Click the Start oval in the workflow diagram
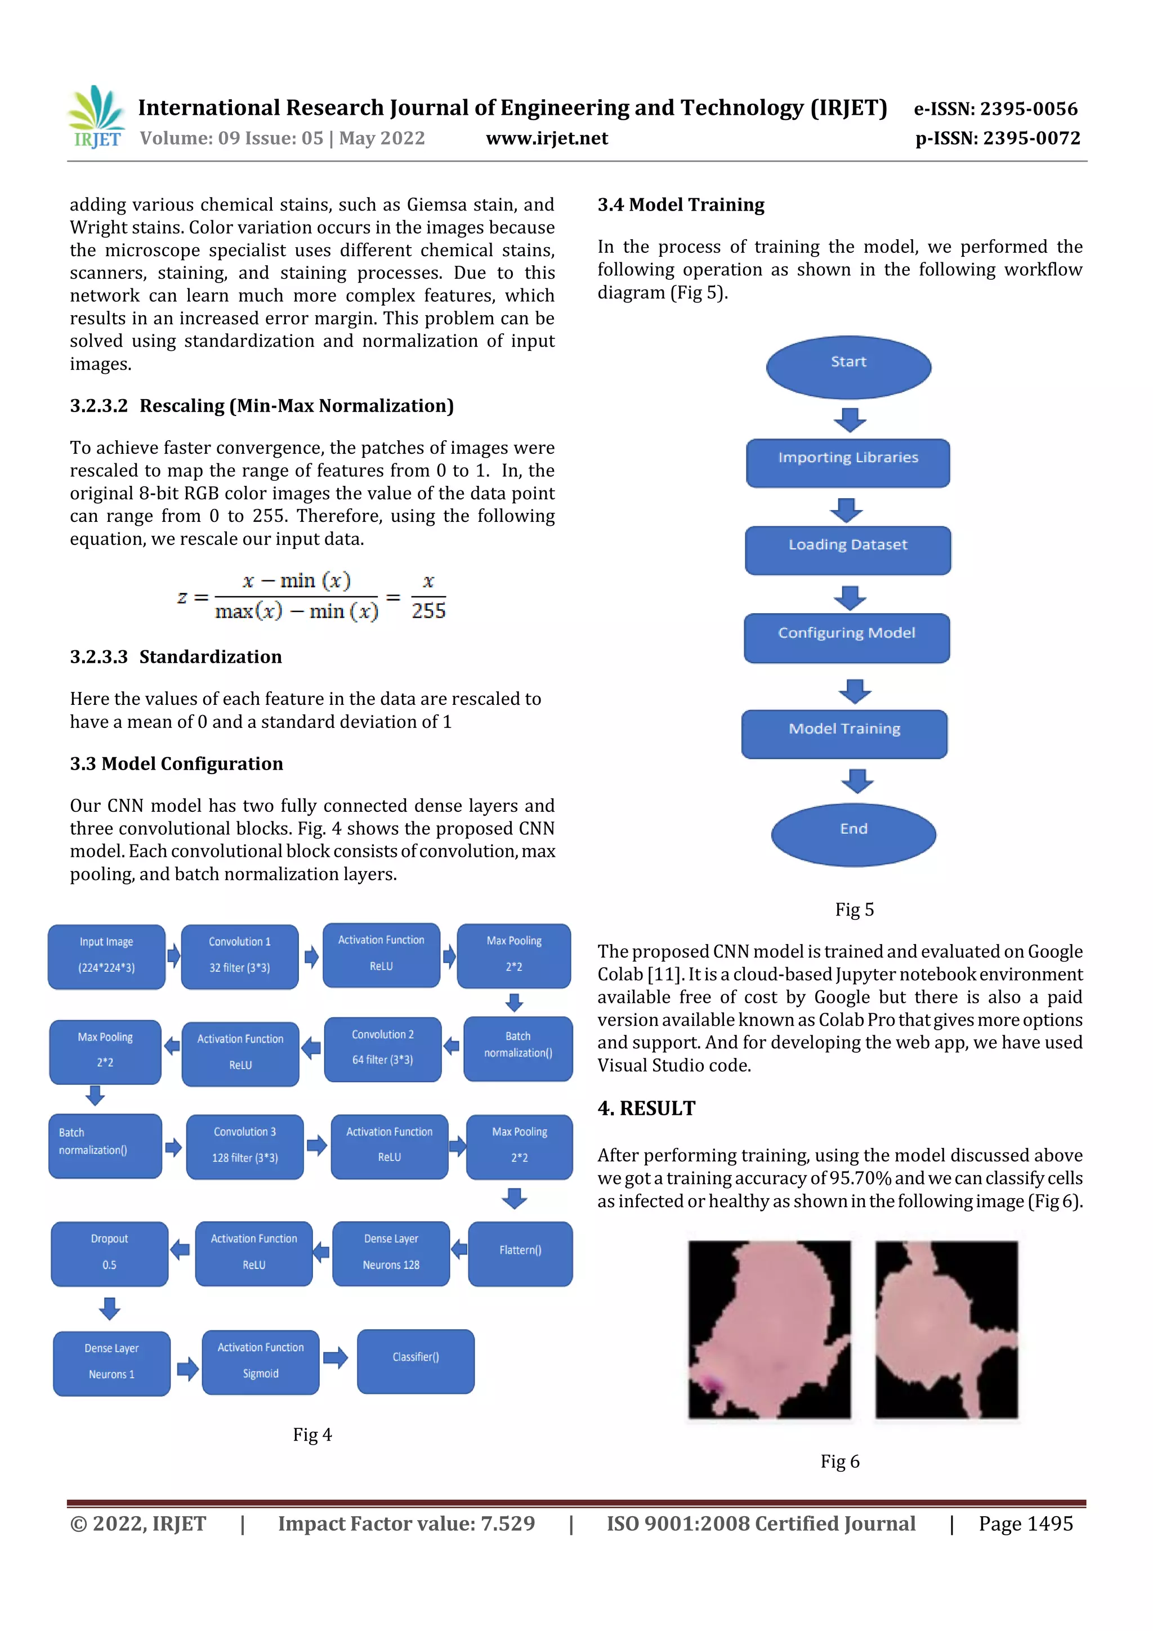[848, 367]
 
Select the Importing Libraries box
[847, 462]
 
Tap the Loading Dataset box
[847, 550]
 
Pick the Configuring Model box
[846, 637]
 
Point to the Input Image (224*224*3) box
[106, 956]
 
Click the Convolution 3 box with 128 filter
[244, 1146]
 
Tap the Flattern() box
[520, 1253]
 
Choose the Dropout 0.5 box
[109, 1253]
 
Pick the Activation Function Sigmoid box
[261, 1362]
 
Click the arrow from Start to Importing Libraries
[850, 419]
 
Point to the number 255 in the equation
[428, 611]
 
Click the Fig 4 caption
[312, 1434]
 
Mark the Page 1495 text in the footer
[1025, 1523]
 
